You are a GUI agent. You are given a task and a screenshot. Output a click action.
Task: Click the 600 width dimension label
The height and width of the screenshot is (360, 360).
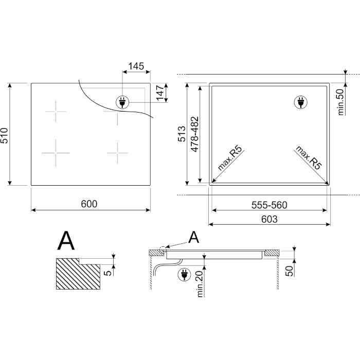[x=89, y=204]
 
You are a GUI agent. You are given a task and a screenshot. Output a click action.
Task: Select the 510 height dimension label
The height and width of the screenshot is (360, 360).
[x=4, y=136]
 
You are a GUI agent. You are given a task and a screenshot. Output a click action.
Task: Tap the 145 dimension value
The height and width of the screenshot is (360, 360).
[x=136, y=66]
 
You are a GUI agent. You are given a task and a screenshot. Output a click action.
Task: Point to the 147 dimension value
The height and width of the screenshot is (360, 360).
[x=160, y=93]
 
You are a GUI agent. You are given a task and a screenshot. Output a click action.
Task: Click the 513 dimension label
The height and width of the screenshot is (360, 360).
[x=182, y=134]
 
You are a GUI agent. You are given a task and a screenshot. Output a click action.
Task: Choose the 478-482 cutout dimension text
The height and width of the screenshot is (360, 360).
[x=195, y=134]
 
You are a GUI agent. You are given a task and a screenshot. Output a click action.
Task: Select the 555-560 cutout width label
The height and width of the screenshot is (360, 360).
[x=269, y=205]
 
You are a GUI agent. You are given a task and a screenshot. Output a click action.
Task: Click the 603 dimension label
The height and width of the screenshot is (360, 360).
[x=269, y=219]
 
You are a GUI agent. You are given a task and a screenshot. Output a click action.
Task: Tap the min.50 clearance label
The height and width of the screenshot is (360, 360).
[x=340, y=102]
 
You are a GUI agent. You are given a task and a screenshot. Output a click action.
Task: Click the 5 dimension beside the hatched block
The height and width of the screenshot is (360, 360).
[x=107, y=273]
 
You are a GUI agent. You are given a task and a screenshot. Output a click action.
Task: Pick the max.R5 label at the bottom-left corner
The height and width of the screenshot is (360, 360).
[x=230, y=158]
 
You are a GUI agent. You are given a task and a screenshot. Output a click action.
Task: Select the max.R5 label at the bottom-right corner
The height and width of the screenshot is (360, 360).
[x=309, y=157]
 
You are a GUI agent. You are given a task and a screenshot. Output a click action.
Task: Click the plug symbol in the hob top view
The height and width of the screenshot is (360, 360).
[x=122, y=102]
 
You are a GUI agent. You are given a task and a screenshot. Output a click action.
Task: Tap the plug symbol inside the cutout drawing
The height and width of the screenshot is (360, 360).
[x=301, y=102]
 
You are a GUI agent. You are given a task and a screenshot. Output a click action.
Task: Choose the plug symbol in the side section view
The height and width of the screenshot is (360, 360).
[x=184, y=275]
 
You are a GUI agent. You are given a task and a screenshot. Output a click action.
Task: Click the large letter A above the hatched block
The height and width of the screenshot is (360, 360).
[x=66, y=241]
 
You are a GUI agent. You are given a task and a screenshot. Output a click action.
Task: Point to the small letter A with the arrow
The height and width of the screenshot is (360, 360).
[x=193, y=238]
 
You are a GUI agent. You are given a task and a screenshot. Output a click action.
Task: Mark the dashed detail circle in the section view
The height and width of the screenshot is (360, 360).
[x=163, y=250]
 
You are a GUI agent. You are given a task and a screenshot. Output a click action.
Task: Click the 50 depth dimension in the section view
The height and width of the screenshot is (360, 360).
[x=290, y=271]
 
